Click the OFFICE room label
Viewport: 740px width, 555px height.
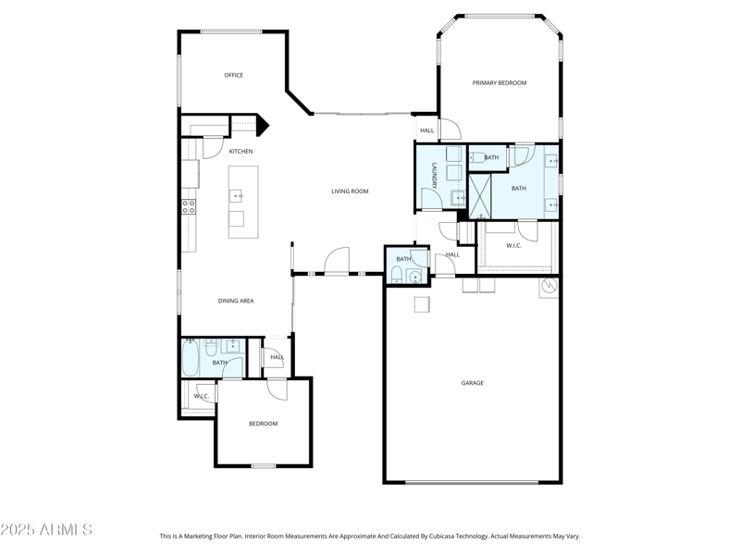(x=233, y=75)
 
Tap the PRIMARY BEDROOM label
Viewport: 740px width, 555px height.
(x=499, y=83)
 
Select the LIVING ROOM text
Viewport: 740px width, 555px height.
(x=350, y=191)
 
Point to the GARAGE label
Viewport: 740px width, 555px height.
(x=472, y=383)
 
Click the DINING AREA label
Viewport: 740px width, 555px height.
(x=236, y=301)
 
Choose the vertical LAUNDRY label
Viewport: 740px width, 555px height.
(x=433, y=176)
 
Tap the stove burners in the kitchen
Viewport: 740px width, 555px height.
(x=188, y=206)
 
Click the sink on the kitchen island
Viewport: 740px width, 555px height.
(x=238, y=195)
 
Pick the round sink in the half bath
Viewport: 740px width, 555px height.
(x=415, y=277)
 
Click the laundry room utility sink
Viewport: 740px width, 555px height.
(x=457, y=196)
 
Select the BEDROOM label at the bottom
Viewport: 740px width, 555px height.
(x=263, y=424)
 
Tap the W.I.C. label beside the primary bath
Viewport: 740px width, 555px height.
(x=513, y=246)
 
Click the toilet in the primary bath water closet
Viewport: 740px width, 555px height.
(x=478, y=158)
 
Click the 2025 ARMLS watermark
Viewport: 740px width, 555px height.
(x=46, y=530)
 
